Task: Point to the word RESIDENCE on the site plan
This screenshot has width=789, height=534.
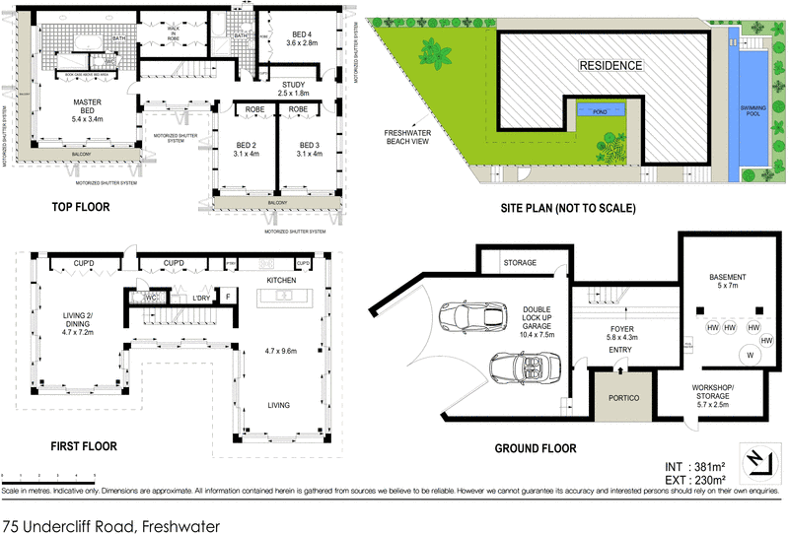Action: pyautogui.click(x=610, y=67)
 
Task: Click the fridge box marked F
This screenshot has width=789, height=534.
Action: pyautogui.click(x=228, y=297)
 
